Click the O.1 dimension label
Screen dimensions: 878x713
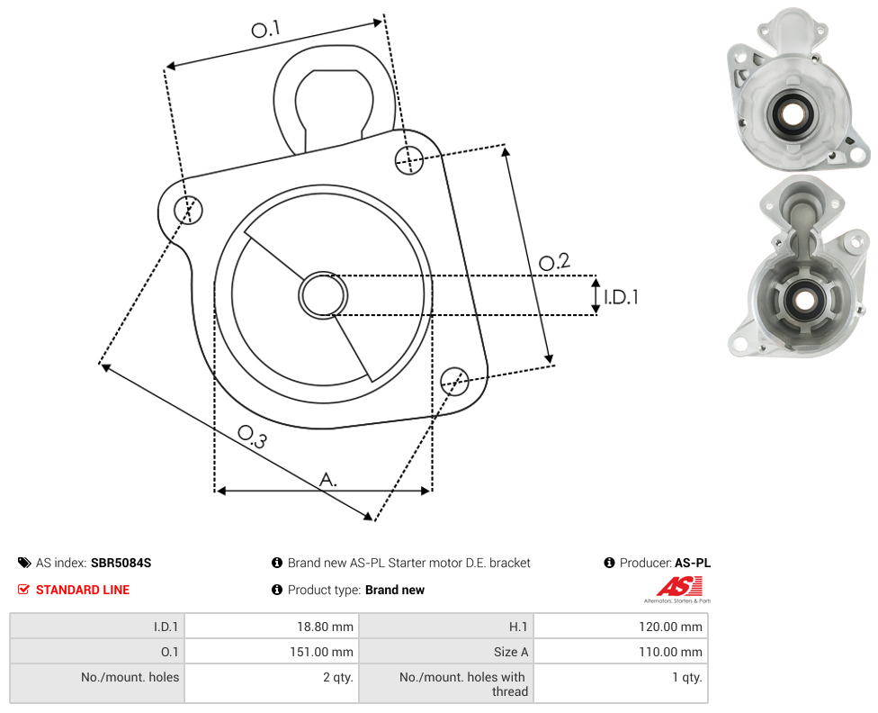click(x=265, y=29)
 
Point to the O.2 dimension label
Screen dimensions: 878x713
click(x=554, y=262)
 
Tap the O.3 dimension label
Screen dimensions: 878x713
click(x=252, y=437)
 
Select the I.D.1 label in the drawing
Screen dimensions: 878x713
click(x=621, y=296)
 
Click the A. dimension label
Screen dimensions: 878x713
click(x=328, y=480)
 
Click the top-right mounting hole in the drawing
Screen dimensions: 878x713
click(x=409, y=159)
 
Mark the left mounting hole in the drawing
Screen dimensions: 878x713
click(x=188, y=210)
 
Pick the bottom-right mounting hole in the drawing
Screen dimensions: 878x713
click(x=454, y=382)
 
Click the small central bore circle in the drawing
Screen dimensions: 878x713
click(x=323, y=295)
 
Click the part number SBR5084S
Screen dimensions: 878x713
click(x=121, y=563)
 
